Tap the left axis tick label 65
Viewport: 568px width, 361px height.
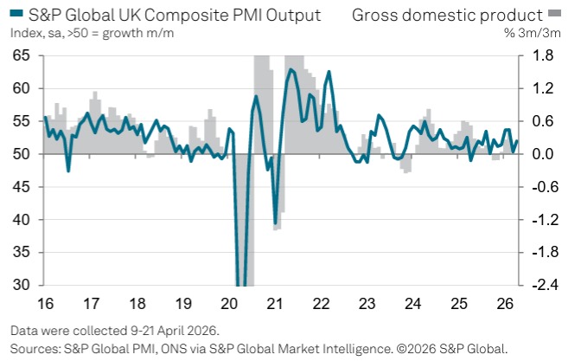pyautogui.click(x=22, y=55)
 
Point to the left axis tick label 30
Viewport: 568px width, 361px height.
pyautogui.click(x=22, y=286)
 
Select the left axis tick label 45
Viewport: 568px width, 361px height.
pyautogui.click(x=22, y=187)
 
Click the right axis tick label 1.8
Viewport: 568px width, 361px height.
pyautogui.click(x=542, y=55)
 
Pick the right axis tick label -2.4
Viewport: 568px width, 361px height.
pyautogui.click(x=540, y=286)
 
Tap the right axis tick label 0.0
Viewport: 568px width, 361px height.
pyautogui.click(x=542, y=154)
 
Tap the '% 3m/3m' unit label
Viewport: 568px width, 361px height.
pyautogui.click(x=534, y=32)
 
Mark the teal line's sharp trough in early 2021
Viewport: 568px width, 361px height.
pyautogui.click(x=276, y=223)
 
